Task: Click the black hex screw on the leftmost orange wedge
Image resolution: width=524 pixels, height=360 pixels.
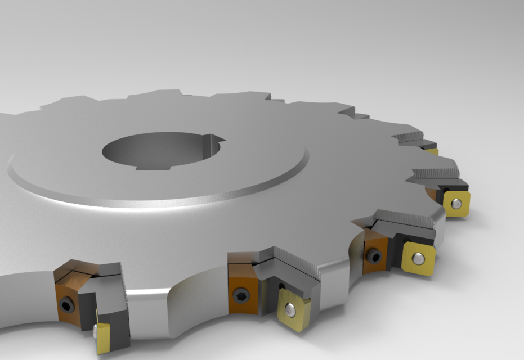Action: (x=66, y=304)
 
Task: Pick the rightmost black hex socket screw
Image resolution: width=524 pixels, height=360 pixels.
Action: (x=374, y=256)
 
